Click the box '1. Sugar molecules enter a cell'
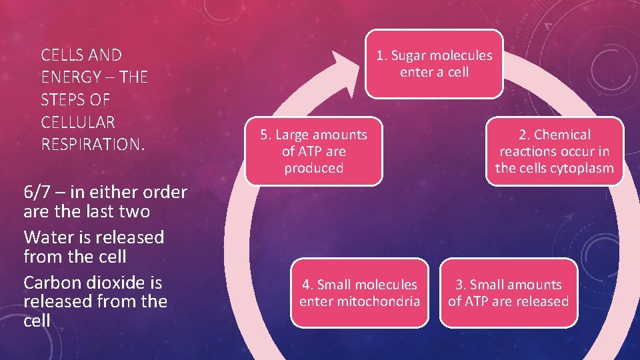pyautogui.click(x=435, y=64)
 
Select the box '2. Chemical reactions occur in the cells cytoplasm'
pyautogui.click(x=554, y=151)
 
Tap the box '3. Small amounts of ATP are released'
pyautogui.click(x=508, y=293)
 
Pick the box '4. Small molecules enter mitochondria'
pyautogui.click(x=360, y=293)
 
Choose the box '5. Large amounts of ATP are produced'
pyautogui.click(x=313, y=151)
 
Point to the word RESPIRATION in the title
pyautogui.click(x=91, y=144)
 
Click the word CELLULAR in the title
pyautogui.click(x=78, y=122)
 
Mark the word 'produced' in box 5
pyautogui.click(x=313, y=168)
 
